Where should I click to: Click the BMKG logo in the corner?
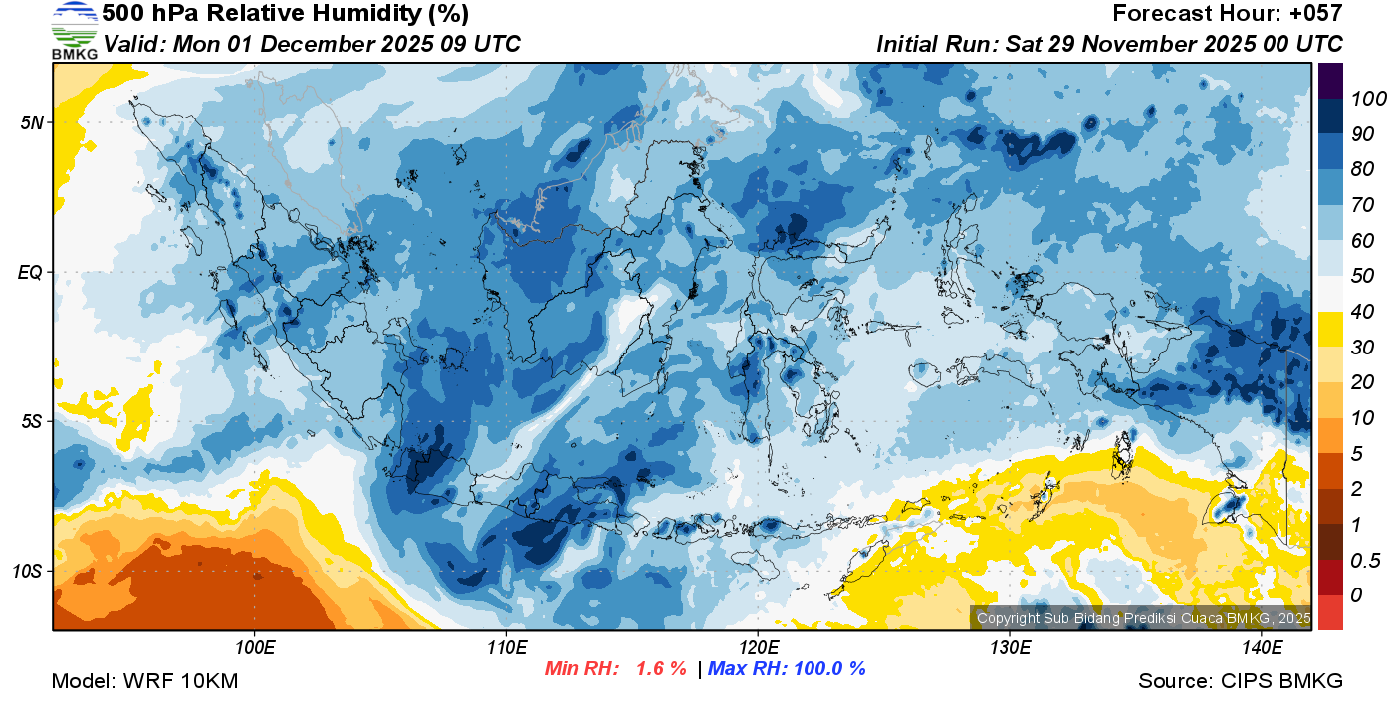(74, 30)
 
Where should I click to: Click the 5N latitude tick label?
(31, 122)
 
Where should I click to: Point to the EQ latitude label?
(31, 272)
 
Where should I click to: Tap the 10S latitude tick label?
(27, 571)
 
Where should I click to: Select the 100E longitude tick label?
(255, 648)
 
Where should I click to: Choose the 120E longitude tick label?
(758, 648)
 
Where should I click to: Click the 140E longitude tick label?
(1262, 648)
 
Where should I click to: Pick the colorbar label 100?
(1362, 98)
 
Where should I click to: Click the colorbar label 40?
(1362, 312)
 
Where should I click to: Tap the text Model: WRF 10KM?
(144, 681)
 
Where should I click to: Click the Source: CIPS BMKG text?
(1241, 681)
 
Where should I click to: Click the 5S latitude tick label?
(31, 421)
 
